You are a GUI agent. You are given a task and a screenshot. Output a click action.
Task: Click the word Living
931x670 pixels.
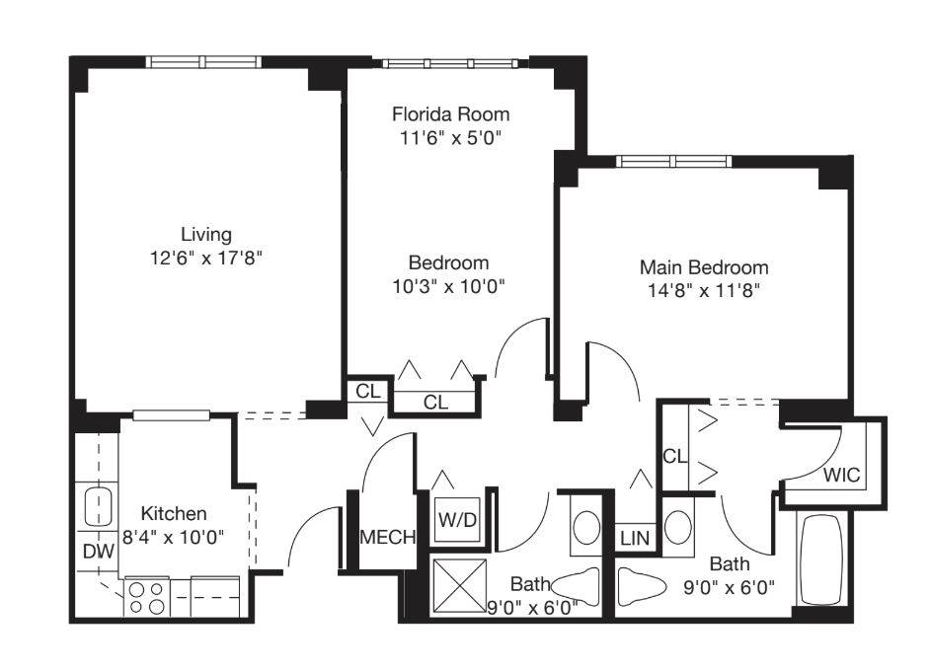point(206,235)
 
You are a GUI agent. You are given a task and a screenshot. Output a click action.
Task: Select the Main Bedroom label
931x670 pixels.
point(704,267)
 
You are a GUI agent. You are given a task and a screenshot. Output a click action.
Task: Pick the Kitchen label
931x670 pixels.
point(174,514)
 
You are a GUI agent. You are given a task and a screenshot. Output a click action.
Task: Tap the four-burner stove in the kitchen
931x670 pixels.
point(146,597)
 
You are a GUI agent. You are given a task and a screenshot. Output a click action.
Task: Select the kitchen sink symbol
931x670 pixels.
point(97,507)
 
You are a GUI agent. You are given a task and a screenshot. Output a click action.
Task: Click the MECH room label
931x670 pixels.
point(386,538)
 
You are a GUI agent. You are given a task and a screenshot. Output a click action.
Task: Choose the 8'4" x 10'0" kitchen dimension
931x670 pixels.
point(174,537)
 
